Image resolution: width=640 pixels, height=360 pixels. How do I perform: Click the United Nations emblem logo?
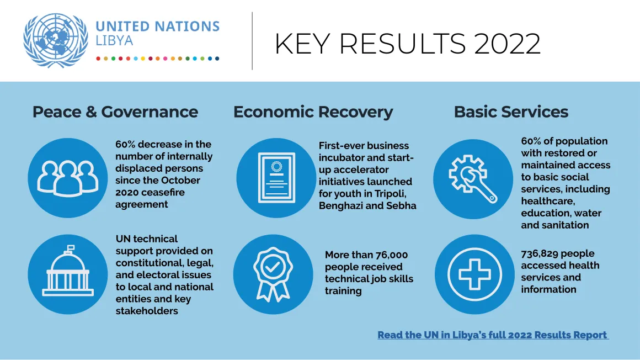(56, 40)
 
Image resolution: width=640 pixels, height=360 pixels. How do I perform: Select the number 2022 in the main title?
(508, 43)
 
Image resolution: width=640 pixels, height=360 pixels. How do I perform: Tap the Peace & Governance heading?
(115, 112)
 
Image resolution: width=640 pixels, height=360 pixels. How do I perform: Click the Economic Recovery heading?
(313, 112)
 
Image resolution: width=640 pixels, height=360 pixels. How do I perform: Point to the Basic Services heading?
(511, 112)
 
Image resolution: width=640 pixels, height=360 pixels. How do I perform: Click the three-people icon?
(68, 178)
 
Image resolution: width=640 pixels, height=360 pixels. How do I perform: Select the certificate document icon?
(276, 178)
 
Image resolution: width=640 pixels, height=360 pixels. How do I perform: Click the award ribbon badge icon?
(273, 274)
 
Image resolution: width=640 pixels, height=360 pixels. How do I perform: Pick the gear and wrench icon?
(473, 179)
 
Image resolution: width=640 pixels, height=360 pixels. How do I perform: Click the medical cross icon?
(474, 274)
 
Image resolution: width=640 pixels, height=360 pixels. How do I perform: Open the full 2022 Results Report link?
(493, 335)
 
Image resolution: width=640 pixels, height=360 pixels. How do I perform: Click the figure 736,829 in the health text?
(540, 254)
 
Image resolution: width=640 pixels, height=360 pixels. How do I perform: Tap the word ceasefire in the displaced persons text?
(163, 193)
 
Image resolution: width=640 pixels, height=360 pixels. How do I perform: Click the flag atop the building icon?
(70, 247)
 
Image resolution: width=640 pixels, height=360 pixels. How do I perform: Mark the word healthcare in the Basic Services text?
(548, 202)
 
